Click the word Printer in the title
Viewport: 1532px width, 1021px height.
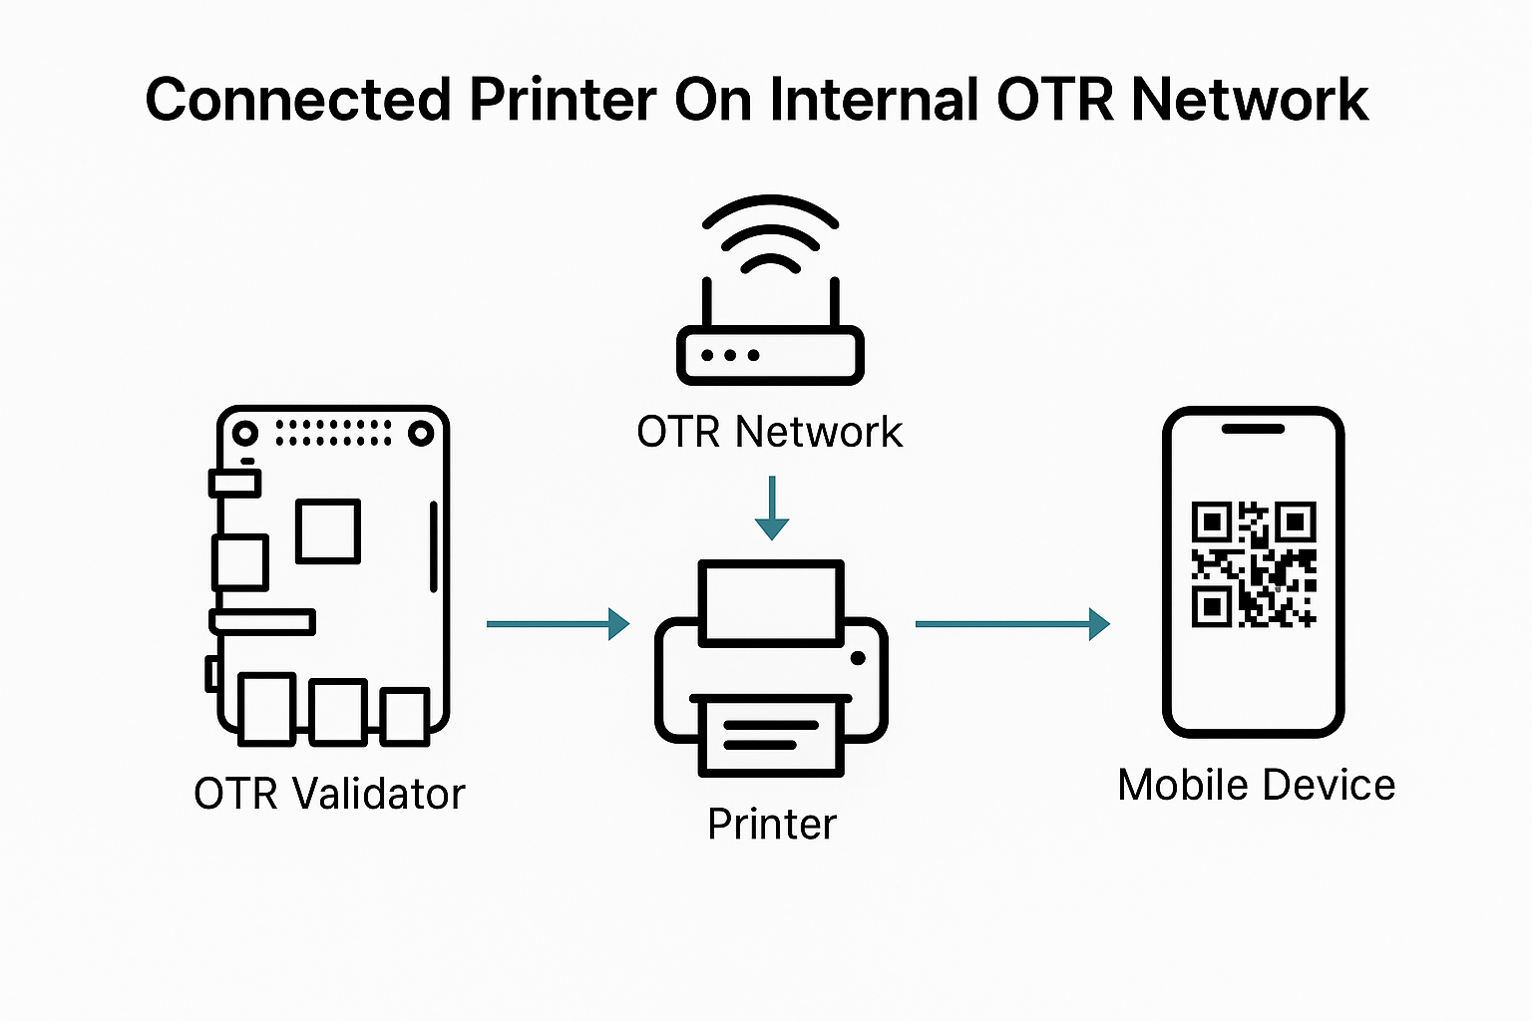563,100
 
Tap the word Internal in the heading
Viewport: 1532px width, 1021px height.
874,100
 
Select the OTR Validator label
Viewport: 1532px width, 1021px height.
329,795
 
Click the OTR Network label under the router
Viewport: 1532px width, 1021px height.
769,433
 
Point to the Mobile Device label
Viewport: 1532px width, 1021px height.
1256,785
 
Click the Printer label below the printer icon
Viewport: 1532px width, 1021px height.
771,825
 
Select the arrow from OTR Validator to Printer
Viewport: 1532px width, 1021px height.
558,624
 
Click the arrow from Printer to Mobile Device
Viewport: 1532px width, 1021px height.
1011,624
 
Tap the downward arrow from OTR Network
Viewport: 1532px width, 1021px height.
772,509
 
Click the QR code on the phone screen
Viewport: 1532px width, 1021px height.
1254,564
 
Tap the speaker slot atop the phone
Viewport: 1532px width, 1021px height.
1253,429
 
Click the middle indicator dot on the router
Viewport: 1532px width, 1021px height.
730,355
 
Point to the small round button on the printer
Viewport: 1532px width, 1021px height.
858,658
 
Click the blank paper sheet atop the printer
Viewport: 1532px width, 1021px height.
772,602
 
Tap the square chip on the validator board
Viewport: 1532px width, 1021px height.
328,531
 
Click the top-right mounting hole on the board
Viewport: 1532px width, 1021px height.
421,433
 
